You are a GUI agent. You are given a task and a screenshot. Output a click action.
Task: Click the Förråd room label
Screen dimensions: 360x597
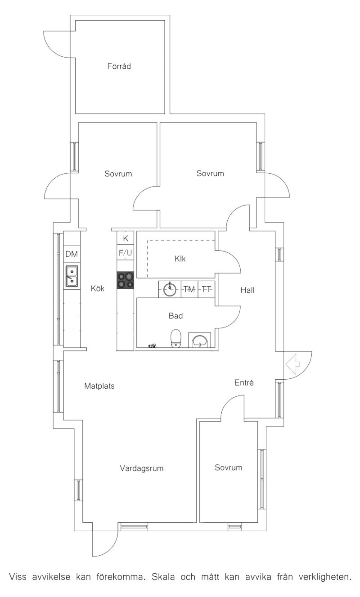(119, 66)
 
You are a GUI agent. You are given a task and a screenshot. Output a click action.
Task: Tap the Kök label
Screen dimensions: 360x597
(98, 288)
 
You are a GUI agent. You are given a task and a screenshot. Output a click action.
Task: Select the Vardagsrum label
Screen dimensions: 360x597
(142, 468)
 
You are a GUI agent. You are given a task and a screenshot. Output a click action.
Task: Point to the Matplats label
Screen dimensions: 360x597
(99, 386)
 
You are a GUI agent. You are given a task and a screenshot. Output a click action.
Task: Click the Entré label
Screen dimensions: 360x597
(244, 383)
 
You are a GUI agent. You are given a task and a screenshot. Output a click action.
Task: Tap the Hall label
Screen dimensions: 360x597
(247, 290)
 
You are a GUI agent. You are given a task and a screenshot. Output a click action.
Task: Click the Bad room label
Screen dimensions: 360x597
(176, 315)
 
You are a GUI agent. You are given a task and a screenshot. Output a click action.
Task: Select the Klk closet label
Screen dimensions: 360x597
(180, 258)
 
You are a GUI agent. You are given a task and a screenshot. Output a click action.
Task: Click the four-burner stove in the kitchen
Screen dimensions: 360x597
(125, 280)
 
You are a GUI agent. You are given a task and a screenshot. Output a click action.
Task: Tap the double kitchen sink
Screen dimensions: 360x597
(72, 276)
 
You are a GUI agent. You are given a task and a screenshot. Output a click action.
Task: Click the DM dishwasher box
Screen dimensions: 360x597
(72, 254)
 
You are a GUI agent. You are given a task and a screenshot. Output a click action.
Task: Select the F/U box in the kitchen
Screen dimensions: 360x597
(125, 253)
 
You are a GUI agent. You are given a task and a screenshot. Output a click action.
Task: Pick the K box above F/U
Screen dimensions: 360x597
(125, 239)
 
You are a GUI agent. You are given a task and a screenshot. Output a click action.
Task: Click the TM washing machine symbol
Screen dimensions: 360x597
(190, 289)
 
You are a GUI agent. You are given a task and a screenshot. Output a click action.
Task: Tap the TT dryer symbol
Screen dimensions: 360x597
(206, 289)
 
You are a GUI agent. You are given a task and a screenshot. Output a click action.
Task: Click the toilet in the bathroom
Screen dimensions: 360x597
(176, 338)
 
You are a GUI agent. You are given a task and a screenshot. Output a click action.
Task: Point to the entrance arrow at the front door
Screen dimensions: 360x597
(293, 364)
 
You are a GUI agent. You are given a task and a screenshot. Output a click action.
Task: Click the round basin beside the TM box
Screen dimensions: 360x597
(170, 289)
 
